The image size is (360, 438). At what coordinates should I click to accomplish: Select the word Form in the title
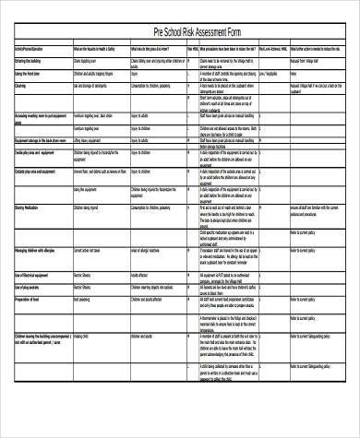pos(236,32)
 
